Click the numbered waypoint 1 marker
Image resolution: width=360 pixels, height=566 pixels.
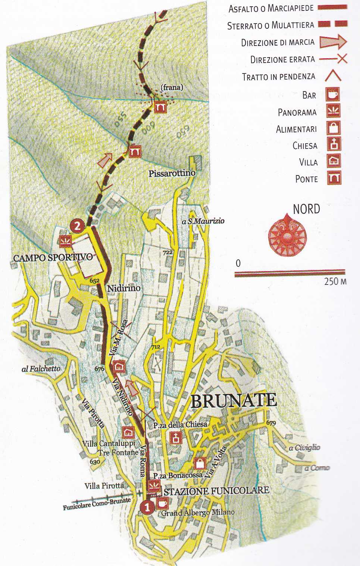pos(148,507)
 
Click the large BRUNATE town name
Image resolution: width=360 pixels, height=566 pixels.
pos(234,401)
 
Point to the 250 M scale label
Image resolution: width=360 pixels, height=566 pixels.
pos(335,281)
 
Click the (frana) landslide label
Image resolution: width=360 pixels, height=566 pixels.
pos(172,88)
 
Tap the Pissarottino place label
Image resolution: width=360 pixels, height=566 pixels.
pos(172,173)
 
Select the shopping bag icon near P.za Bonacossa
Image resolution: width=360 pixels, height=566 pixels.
pos(200,463)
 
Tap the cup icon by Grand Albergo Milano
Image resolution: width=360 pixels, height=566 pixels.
pos(163,503)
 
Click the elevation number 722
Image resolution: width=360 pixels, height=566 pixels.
pos(168,253)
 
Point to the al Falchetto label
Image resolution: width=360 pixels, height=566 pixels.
pos(41,368)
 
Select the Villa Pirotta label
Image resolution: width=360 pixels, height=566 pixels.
pos(104,485)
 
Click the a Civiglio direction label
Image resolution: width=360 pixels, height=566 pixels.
pos(304,447)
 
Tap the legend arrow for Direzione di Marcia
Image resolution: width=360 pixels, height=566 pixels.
pos(333,42)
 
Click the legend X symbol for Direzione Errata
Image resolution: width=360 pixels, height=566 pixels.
pos(342,59)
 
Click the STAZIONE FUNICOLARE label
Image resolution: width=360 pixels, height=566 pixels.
pos(216,491)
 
